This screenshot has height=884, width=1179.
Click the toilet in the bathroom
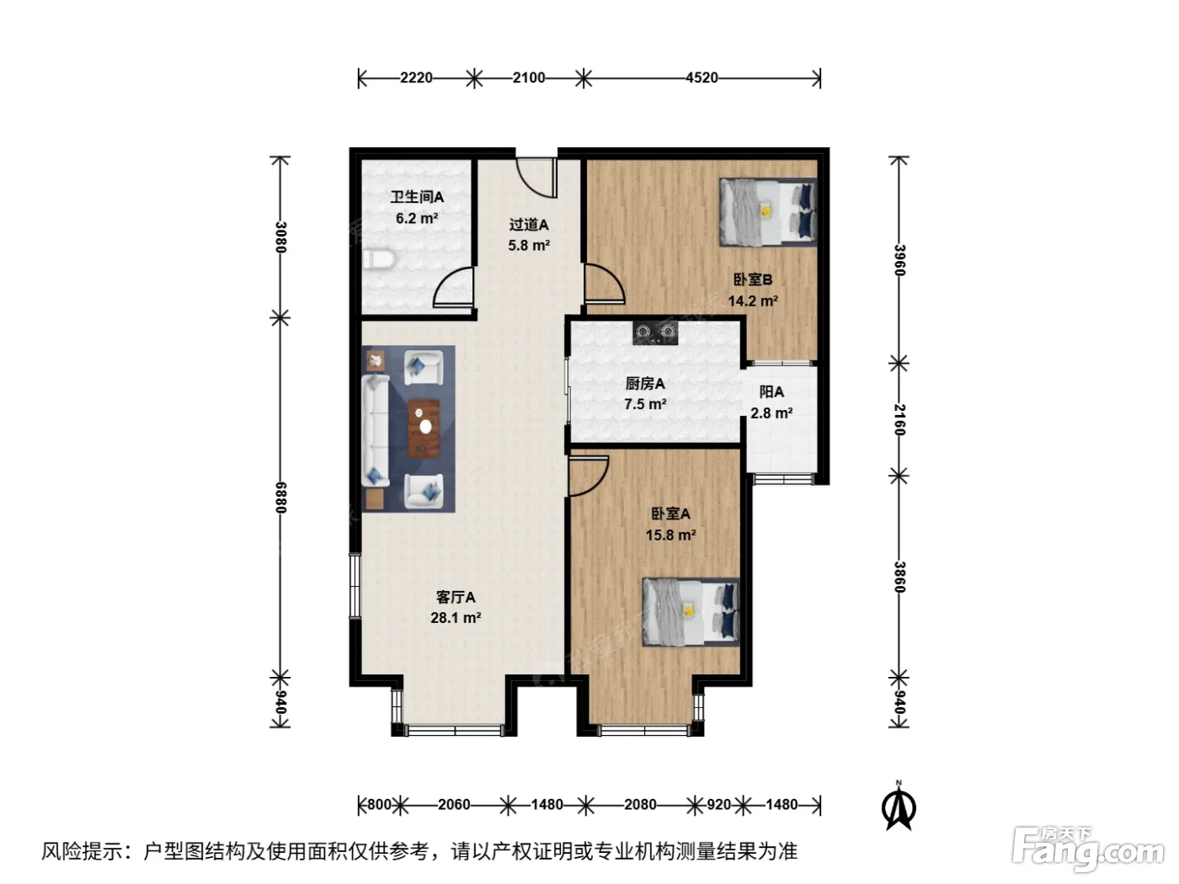click(379, 260)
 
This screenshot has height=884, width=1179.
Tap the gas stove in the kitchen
click(654, 333)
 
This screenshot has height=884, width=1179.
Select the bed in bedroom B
click(767, 212)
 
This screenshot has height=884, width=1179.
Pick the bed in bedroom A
click(691, 611)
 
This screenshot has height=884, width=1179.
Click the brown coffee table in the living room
click(424, 428)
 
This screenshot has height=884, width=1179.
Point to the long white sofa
click(375, 430)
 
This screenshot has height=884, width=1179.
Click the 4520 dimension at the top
click(702, 77)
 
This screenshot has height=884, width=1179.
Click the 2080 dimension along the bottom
click(640, 805)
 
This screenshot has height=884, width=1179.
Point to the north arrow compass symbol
click(899, 806)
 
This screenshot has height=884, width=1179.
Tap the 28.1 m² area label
click(456, 618)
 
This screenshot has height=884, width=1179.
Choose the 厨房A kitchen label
click(644, 384)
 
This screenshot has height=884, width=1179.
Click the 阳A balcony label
click(771, 392)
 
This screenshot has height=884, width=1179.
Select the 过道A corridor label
click(529, 225)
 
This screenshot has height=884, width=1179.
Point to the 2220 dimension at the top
click(416, 77)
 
